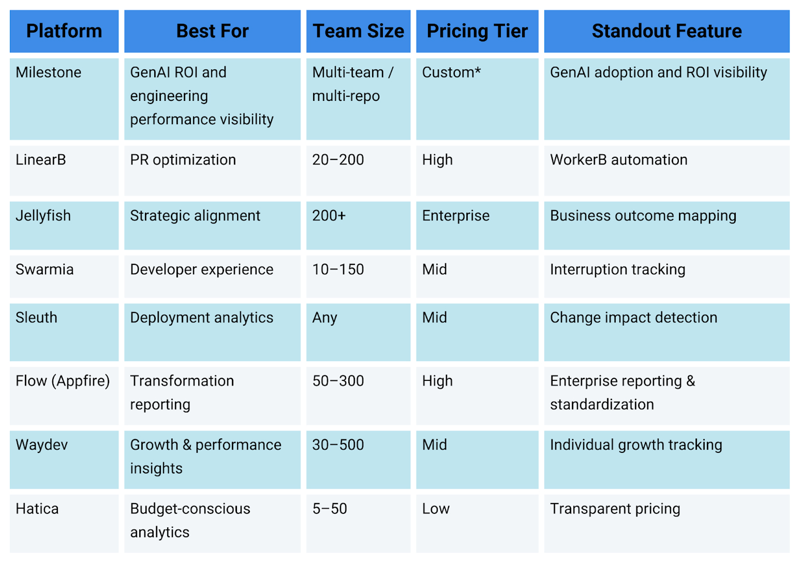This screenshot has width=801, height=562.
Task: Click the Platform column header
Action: pyautogui.click(x=64, y=31)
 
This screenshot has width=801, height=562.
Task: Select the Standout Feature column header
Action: pyautogui.click(x=666, y=31)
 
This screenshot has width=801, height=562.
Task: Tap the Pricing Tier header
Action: pyautogui.click(x=477, y=31)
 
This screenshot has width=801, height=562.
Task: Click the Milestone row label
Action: pyautogui.click(x=49, y=72)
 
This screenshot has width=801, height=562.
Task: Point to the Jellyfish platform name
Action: pyautogui.click(x=43, y=216)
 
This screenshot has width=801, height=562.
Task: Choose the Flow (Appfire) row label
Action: pyautogui.click(x=63, y=381)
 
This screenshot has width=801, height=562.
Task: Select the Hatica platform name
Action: pyautogui.click(x=37, y=509)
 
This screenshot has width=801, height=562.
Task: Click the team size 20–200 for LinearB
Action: pyautogui.click(x=338, y=160)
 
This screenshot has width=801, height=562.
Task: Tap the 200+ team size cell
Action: pyautogui.click(x=329, y=216)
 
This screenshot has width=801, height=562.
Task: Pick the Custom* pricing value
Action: pyautogui.click(x=451, y=72)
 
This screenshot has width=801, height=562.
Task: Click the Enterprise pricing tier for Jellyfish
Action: pyautogui.click(x=455, y=216)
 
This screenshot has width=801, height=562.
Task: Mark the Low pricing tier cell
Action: pyautogui.click(x=436, y=509)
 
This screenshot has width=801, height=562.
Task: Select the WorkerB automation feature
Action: pyautogui.click(x=618, y=160)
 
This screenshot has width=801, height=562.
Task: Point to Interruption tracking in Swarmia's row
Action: pyautogui.click(x=617, y=270)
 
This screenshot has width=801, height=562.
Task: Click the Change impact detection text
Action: pyautogui.click(x=633, y=318)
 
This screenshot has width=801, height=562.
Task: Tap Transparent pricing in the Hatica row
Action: pyautogui.click(x=615, y=509)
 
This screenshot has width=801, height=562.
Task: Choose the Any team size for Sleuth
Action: pyautogui.click(x=324, y=318)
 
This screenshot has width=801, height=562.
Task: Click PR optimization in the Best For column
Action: pyautogui.click(x=183, y=160)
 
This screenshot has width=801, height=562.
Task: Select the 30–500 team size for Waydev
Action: pyautogui.click(x=338, y=445)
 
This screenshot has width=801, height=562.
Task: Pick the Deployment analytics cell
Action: pyautogui.click(x=201, y=318)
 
